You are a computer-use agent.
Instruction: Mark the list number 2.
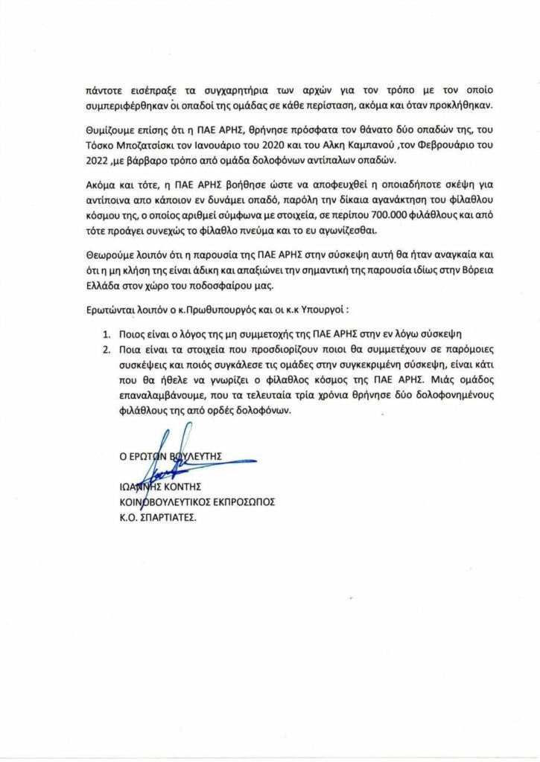[x=107, y=347]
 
